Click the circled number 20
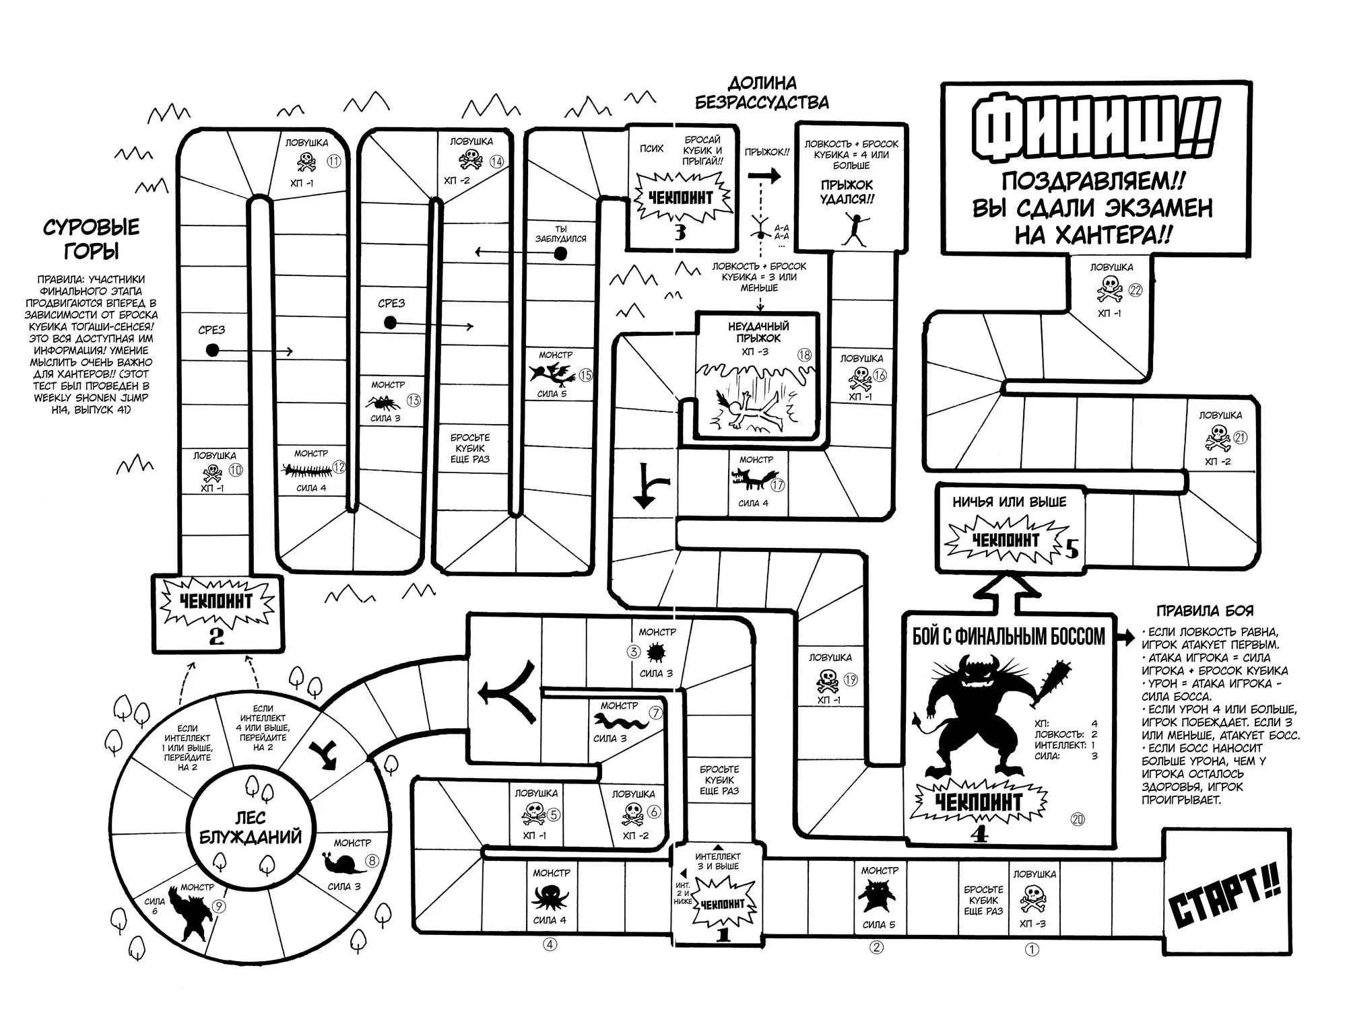1078,819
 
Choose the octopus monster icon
550,897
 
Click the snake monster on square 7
620,722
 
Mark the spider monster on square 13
385,403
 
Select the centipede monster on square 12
306,469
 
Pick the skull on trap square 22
1109,290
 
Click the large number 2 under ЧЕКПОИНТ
216,636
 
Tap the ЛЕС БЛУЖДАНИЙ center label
250,828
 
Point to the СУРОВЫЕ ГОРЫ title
92,239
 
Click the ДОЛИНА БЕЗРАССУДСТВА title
762,93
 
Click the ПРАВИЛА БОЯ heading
1204,611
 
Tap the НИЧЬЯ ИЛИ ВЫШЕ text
1009,502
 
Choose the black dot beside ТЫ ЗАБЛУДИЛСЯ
560,254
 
